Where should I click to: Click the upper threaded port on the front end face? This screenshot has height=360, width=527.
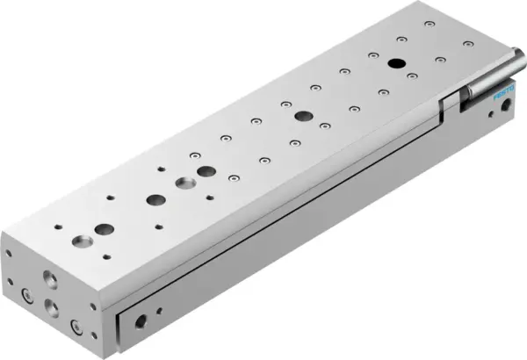48,282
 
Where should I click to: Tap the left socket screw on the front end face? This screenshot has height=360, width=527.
27,295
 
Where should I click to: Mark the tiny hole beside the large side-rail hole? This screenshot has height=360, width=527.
160,310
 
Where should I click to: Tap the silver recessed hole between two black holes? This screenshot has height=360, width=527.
184,184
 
